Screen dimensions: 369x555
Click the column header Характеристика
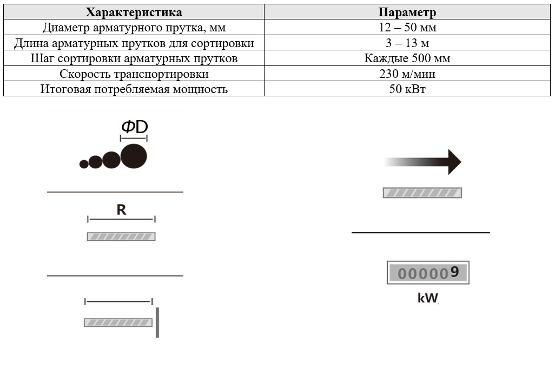[x=134, y=12]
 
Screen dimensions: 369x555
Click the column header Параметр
[x=407, y=12]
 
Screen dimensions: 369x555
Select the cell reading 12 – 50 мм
[x=407, y=28]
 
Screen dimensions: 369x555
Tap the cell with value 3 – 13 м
[x=407, y=43]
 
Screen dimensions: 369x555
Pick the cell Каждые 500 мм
[x=407, y=58]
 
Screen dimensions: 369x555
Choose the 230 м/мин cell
[x=407, y=74]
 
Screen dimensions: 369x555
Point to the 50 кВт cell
[x=407, y=89]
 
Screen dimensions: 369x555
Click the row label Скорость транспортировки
[x=134, y=74]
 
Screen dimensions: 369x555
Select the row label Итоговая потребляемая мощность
[x=134, y=89]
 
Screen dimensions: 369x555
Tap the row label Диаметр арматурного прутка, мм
[x=134, y=28]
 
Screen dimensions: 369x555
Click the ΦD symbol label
[x=134, y=127]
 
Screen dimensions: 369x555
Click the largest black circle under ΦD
[x=134, y=156]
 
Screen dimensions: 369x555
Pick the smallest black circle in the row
[x=84, y=163]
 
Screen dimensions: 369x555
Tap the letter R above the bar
[x=121, y=210]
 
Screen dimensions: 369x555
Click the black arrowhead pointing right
[x=453, y=162]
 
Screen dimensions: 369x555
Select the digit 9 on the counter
[x=454, y=273]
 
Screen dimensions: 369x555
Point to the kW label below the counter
[x=427, y=298]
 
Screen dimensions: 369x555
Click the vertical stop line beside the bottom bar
[x=157, y=322]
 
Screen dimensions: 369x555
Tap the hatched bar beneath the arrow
[x=422, y=193]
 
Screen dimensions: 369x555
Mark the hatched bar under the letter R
[x=121, y=236]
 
